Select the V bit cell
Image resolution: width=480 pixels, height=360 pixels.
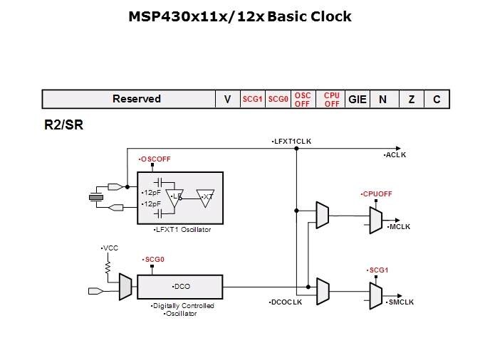pos(227,99)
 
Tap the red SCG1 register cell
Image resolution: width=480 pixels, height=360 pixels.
pos(253,100)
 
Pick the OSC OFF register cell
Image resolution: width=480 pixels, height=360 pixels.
pos(303,99)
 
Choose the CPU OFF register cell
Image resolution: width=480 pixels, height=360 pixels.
pos(331,99)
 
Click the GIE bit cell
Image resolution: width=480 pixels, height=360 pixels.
pos(358,99)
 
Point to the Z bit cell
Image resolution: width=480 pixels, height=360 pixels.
pos(412,99)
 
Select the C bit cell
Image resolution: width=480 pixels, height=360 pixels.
pos(437,99)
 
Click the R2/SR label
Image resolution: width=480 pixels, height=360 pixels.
pos(61,125)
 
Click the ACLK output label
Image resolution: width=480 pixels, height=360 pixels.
pos(395,154)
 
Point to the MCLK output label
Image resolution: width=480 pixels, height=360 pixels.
pos(399,226)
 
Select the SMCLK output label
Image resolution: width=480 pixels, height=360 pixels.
pos(401,302)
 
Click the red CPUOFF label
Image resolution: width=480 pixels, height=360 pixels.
pos(377,194)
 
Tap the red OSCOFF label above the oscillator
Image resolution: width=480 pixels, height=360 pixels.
pos(155,158)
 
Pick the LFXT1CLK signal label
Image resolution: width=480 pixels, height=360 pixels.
pos(292,142)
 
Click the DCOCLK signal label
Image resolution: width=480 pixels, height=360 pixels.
pos(287,302)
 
